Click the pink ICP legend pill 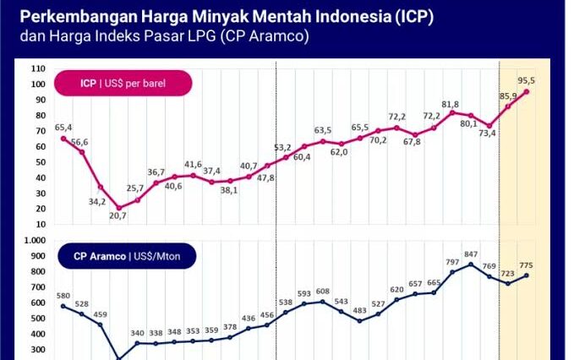point(123,83)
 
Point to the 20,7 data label point(118,216)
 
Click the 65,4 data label point(63,127)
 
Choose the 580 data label point(63,296)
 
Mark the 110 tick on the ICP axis point(38,68)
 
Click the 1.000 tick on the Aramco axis point(35,240)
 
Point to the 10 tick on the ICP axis point(41,224)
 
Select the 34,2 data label point(97,201)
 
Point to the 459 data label point(101,314)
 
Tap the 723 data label point(508,273)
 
